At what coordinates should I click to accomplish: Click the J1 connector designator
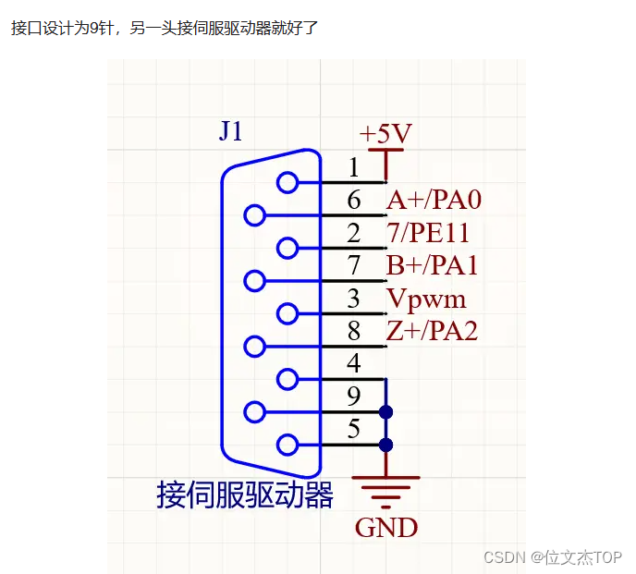pos(231,131)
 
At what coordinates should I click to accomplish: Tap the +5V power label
pos(385,134)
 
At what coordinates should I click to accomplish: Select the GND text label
pos(386,528)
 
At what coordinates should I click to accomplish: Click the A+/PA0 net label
pos(434,200)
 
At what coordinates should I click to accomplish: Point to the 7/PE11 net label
pos(428,233)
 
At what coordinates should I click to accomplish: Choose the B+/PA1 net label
pos(433,266)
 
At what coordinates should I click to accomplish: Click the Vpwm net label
pos(426,299)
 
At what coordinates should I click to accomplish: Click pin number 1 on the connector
pos(353,167)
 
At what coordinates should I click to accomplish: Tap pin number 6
pos(353,201)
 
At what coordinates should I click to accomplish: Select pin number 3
pos(353,299)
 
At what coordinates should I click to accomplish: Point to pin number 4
pos(353,364)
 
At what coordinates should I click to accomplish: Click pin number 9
pos(353,397)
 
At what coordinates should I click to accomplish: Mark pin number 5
pos(353,430)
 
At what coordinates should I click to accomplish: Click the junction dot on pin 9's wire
pos(386,411)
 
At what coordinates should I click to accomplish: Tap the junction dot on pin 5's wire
pos(386,445)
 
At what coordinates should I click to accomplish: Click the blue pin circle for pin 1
pos(288,182)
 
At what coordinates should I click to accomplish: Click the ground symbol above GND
pos(386,491)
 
